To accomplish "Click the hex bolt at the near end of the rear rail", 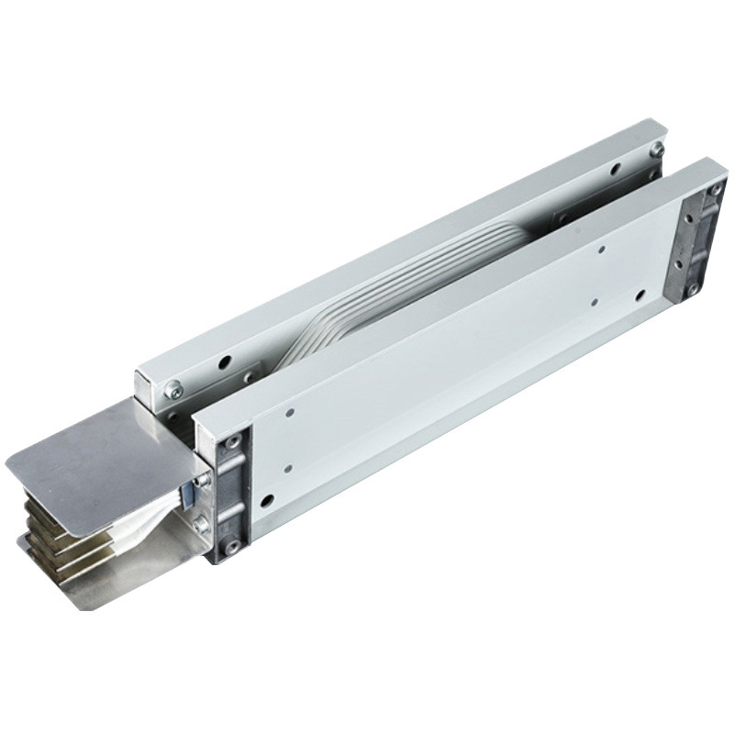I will point(172,391).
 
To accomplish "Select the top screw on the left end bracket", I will point(233,442).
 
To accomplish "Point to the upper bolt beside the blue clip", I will point(203,480).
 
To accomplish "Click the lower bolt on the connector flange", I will point(201,525).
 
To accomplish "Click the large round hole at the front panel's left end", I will point(267,501).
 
